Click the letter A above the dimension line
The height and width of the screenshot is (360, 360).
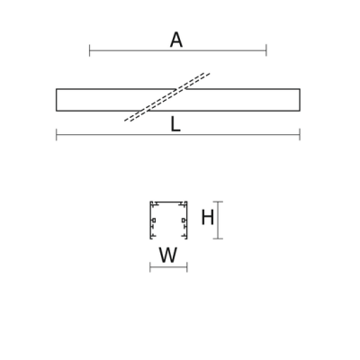pyautogui.click(x=176, y=40)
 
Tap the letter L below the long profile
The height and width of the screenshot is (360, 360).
pyautogui.click(x=175, y=125)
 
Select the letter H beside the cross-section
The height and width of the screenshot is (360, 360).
pyautogui.click(x=207, y=218)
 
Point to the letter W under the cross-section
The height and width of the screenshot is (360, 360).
pyautogui.click(x=168, y=256)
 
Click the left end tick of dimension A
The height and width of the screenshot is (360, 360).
pyautogui.click(x=89, y=50)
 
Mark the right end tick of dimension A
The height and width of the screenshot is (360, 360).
pyautogui.click(x=266, y=50)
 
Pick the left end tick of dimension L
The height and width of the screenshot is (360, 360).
pyautogui.click(x=57, y=134)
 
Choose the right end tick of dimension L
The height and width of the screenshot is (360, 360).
pyautogui.click(x=300, y=134)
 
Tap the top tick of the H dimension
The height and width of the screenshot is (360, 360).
pyautogui.click(x=218, y=202)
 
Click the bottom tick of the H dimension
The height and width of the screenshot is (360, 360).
pyautogui.click(x=218, y=238)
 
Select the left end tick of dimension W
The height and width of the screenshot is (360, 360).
pyautogui.click(x=150, y=267)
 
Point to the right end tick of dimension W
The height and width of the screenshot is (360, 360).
pyautogui.click(x=187, y=267)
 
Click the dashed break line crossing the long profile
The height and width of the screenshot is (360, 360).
pyautogui.click(x=167, y=97)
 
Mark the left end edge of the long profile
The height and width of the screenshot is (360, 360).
pyautogui.click(x=57, y=100)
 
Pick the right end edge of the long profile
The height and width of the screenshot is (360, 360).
pyautogui.click(x=300, y=100)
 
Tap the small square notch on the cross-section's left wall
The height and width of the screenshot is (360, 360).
pyautogui.click(x=154, y=220)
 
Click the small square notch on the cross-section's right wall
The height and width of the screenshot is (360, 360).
pyautogui.click(x=184, y=220)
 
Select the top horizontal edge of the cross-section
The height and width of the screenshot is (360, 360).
pyautogui.click(x=168, y=202)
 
